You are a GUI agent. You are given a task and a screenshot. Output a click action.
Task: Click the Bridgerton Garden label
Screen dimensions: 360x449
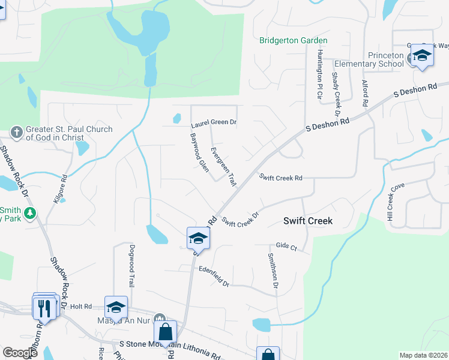[x=293, y=41]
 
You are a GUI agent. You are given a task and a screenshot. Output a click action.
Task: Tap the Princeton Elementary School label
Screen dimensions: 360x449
[x=369, y=59]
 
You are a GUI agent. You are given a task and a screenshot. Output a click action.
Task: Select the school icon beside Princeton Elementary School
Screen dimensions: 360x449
[x=422, y=57]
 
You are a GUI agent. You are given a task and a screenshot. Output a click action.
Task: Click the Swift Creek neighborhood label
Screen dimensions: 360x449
[x=307, y=221]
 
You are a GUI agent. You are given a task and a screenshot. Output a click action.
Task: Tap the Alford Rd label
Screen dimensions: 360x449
[x=365, y=93]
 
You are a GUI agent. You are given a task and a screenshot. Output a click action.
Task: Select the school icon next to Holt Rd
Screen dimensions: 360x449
[x=116, y=308]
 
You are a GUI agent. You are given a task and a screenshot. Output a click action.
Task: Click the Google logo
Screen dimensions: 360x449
[x=19, y=353]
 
